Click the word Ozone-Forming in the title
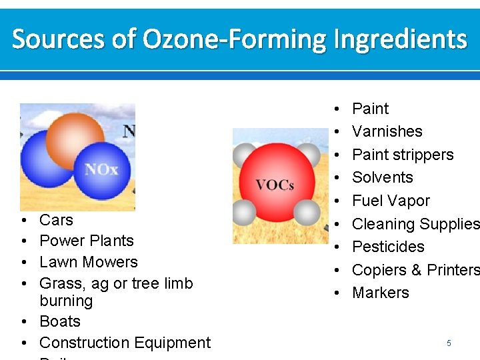coord(235,39)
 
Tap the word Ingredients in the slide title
coord(400,39)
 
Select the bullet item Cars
coord(56,220)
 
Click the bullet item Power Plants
coord(87,241)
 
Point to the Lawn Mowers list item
coord(89,262)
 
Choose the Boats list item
coord(60,321)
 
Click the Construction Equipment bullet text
coord(125,343)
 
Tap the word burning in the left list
coord(66,301)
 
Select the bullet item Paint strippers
coord(403,155)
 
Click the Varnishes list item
coord(387,131)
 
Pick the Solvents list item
coord(383,177)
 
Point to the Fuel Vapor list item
coord(391,201)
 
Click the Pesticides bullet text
coord(388,247)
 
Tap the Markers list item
coord(381,293)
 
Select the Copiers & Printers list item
coord(415,270)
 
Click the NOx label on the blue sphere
coord(101,169)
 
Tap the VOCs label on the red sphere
coord(275,185)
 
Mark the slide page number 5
coord(449,343)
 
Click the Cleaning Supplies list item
coord(415,224)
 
